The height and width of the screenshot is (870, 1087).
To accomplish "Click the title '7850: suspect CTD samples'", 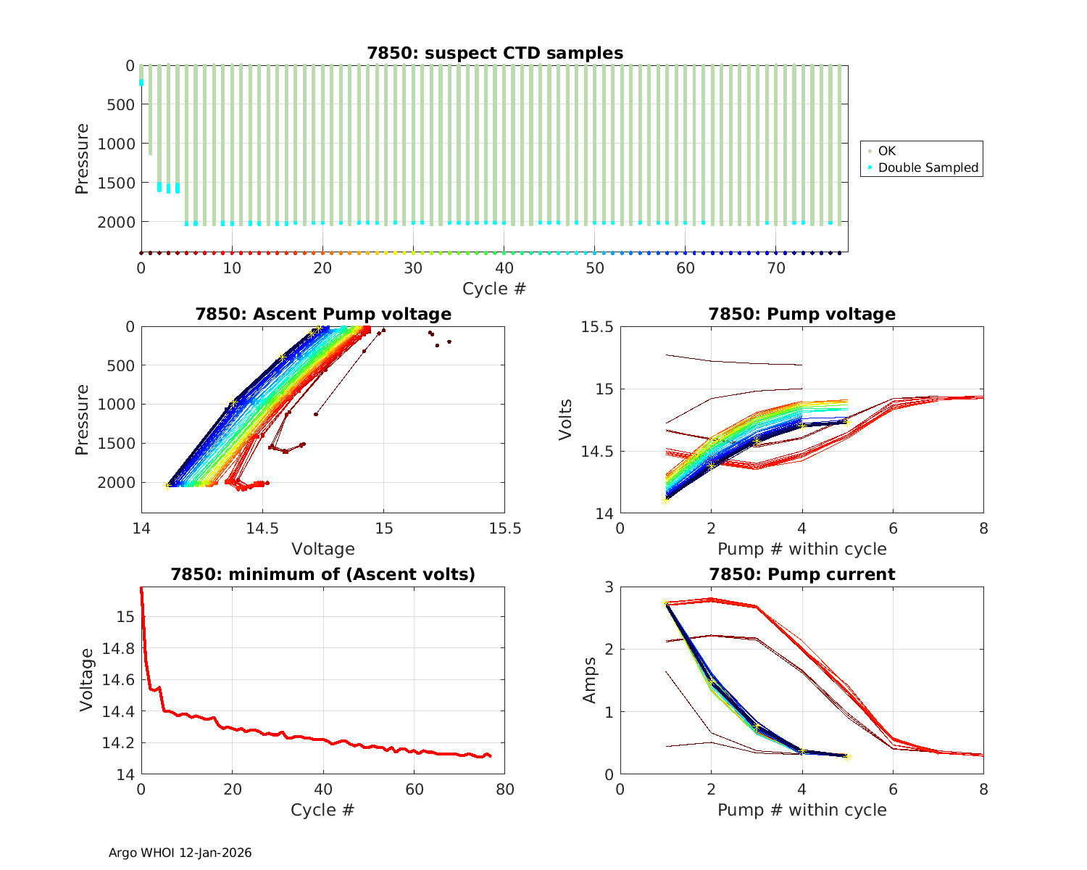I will pyautogui.click(x=494, y=53).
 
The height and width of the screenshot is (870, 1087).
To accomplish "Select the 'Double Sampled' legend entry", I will pyautogui.click(x=928, y=167).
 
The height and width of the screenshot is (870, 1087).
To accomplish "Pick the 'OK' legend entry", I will pyautogui.click(x=886, y=151).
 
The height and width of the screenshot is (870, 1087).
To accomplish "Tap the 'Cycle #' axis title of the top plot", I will pyautogui.click(x=494, y=289).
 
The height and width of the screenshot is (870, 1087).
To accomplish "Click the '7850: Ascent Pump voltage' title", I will pyautogui.click(x=322, y=314).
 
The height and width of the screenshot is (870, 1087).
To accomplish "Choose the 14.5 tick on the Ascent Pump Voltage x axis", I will pyautogui.click(x=262, y=528).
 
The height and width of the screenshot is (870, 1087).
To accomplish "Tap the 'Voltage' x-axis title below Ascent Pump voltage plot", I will pyautogui.click(x=322, y=549).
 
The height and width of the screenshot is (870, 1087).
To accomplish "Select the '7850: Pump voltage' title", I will pyautogui.click(x=801, y=314).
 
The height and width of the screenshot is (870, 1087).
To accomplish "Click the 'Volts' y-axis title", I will pyautogui.click(x=566, y=420).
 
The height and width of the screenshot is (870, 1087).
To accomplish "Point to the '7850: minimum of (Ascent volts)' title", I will pyautogui.click(x=322, y=574).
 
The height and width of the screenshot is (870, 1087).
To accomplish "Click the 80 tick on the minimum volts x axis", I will pyautogui.click(x=504, y=789).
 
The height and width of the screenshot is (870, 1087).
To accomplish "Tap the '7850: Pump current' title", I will pyautogui.click(x=801, y=574).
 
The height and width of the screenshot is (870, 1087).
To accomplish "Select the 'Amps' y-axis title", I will pyautogui.click(x=591, y=680).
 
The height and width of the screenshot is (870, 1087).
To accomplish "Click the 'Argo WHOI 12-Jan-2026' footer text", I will pyautogui.click(x=180, y=853).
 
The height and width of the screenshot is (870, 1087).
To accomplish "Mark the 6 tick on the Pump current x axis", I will pyautogui.click(x=893, y=789).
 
